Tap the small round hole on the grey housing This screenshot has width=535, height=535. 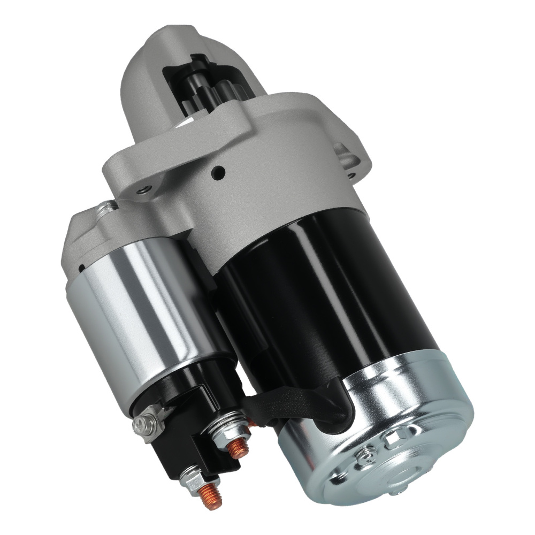218,172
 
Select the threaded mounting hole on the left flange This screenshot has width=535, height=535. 142,189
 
